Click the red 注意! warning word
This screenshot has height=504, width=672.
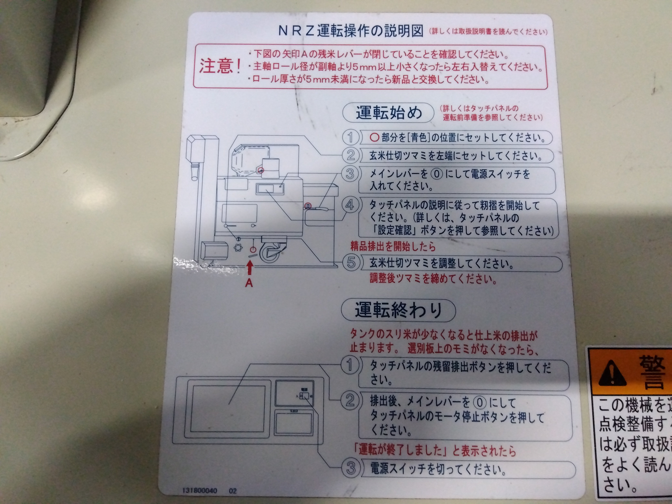[220, 66]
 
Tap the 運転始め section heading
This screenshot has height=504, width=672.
[389, 113]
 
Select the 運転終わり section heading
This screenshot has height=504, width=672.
[398, 310]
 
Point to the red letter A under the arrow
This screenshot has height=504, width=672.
[249, 283]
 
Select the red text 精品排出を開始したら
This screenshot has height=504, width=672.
[393, 246]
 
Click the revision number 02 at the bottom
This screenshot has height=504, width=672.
[233, 491]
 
